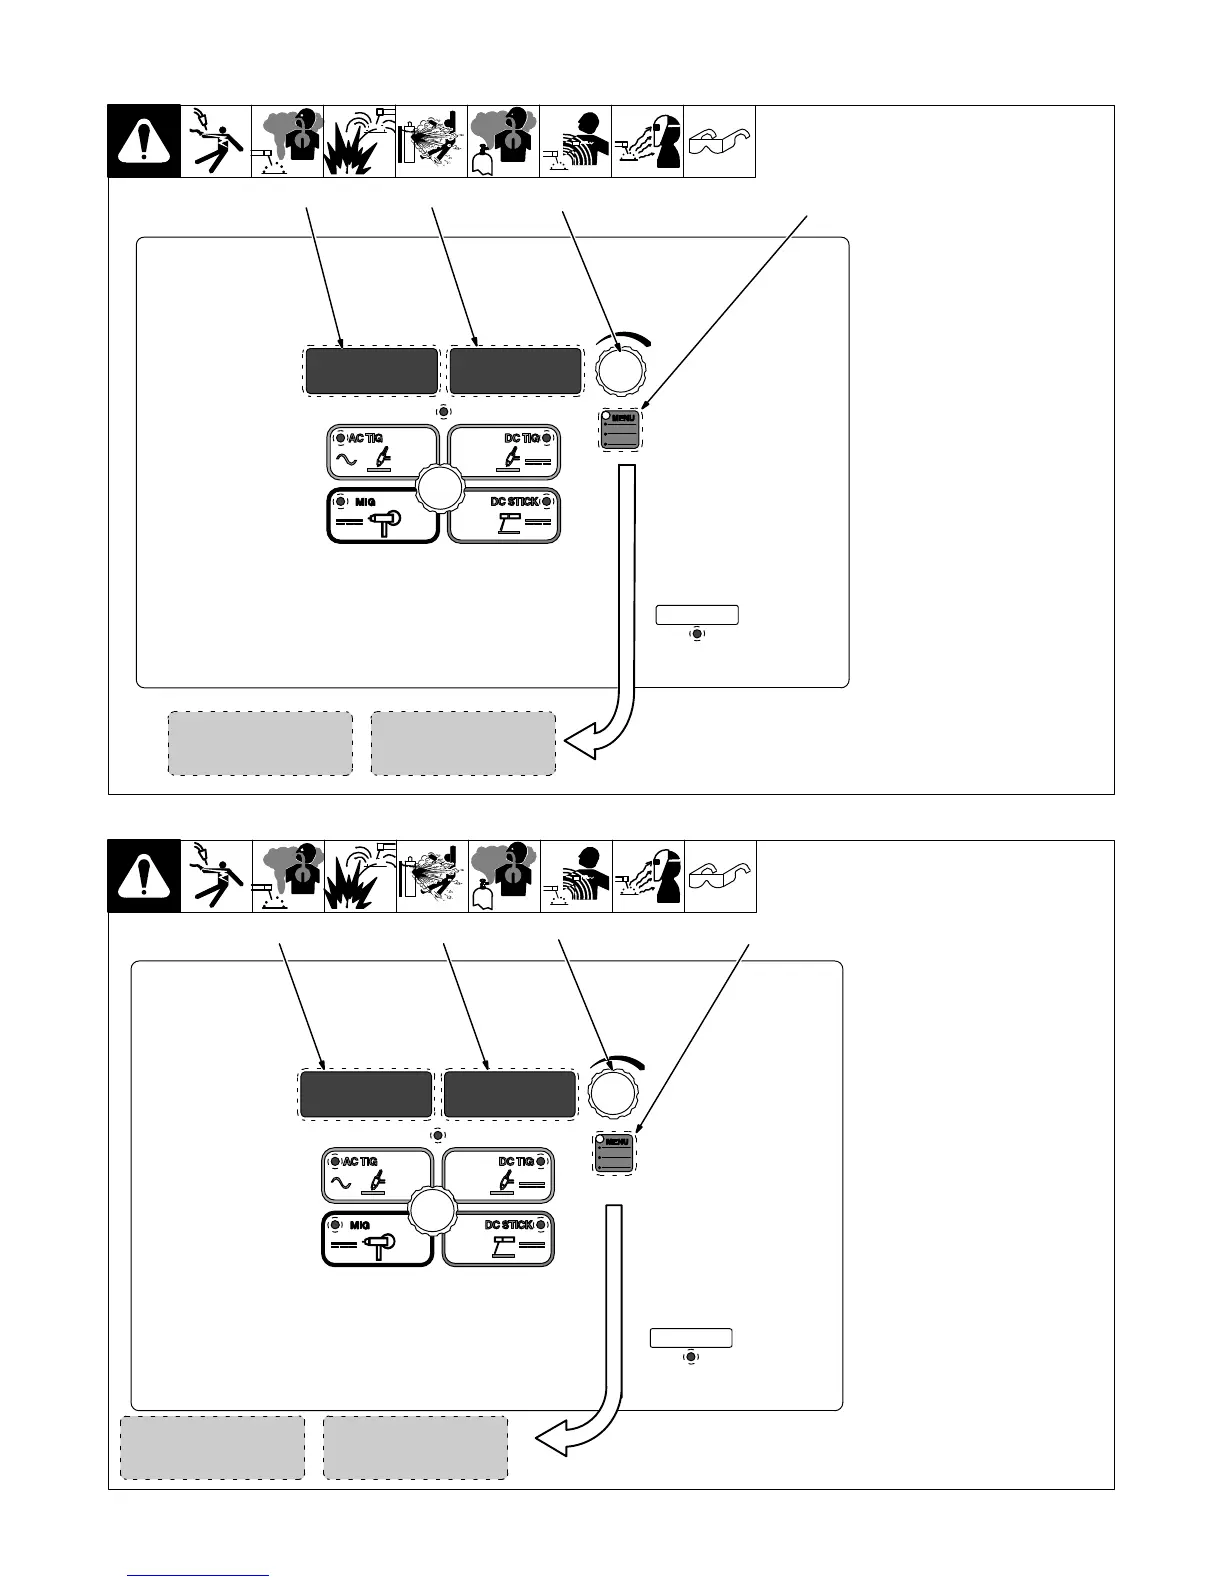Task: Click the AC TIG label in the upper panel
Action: coord(365,438)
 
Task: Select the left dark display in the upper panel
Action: coord(371,372)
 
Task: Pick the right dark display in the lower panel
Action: coord(509,1095)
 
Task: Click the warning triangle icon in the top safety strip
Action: coord(144,142)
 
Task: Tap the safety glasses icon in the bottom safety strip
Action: coord(720,877)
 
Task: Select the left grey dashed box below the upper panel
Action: coord(260,743)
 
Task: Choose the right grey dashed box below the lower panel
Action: coord(415,1447)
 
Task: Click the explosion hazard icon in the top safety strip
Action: coord(359,142)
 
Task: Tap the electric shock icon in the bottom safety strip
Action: coord(216,877)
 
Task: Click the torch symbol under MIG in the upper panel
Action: coord(385,522)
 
